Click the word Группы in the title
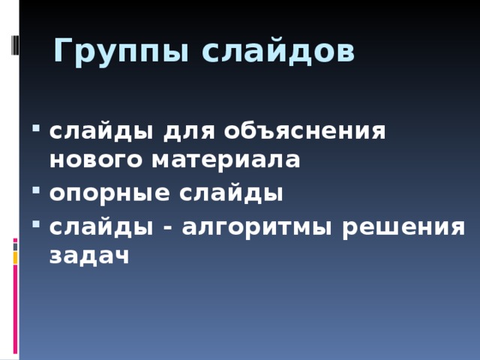[111, 52]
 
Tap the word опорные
[109, 193]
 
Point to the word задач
[89, 255]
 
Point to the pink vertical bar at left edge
[15, 307]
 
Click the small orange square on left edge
[15, 257]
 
